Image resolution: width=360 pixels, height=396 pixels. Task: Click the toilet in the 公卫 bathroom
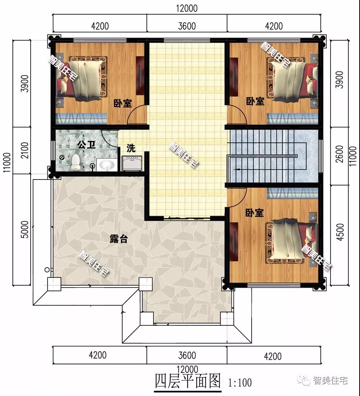(75, 162)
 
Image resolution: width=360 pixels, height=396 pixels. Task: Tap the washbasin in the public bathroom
(107, 165)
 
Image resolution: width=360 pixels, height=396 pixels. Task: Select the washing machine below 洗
(132, 163)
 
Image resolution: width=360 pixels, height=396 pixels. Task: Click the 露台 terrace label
(118, 239)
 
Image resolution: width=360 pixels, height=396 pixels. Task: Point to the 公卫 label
(87, 145)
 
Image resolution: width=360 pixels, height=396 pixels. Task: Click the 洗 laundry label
(131, 148)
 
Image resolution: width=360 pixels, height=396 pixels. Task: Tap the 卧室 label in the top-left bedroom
(123, 103)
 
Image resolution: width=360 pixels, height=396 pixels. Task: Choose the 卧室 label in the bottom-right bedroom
(255, 213)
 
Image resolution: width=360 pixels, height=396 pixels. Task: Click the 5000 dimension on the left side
(25, 229)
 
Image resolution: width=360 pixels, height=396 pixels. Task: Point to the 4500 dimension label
(340, 232)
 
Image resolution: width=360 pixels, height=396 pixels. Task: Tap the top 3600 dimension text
(187, 26)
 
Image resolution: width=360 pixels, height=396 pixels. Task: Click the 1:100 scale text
(240, 383)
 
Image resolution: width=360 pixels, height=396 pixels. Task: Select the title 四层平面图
(188, 381)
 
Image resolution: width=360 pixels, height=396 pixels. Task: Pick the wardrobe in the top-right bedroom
(234, 77)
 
